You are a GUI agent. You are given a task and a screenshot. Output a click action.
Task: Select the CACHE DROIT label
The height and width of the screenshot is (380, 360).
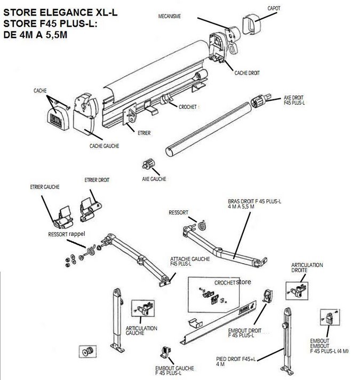[247, 74]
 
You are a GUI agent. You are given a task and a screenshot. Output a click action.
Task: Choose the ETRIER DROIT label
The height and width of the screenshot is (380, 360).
[97, 180]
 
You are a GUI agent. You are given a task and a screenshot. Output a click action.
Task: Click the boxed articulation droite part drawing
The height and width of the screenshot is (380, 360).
[298, 289]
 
